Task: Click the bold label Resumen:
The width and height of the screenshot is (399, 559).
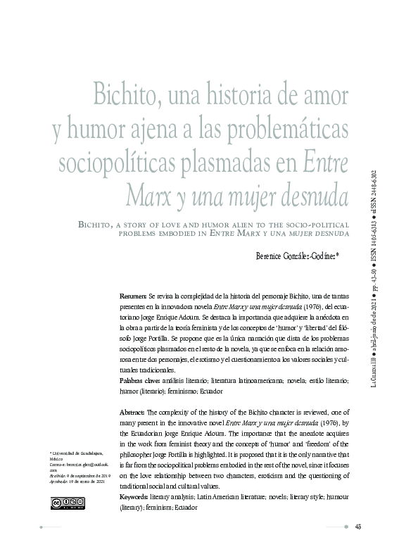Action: click(133, 298)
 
